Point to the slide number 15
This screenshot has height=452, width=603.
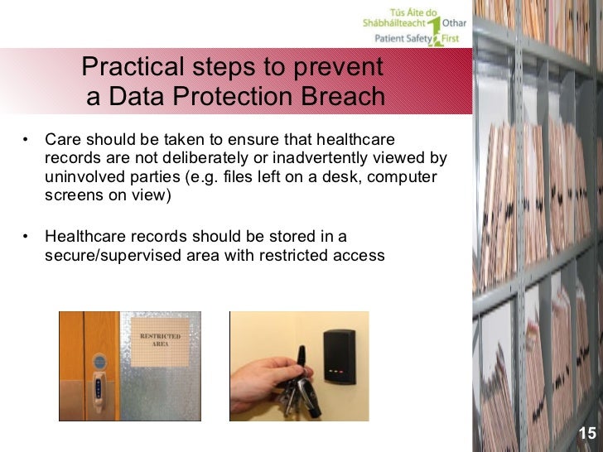tap(586, 433)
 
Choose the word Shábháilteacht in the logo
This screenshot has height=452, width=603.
tap(394, 23)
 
